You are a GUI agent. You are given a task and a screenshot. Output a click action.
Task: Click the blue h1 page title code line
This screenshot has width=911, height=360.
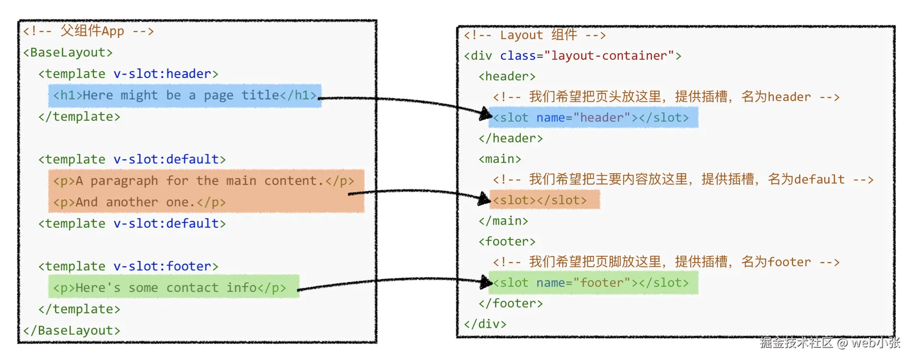point(184,95)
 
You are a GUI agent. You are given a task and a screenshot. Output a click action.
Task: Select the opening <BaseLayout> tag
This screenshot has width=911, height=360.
point(68,52)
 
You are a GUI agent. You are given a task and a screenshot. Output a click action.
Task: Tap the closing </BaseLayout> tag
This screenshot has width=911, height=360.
point(72,331)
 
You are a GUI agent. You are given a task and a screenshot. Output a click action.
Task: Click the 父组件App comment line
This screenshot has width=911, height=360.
point(88,31)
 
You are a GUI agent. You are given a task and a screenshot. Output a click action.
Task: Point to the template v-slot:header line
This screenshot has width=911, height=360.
point(128,74)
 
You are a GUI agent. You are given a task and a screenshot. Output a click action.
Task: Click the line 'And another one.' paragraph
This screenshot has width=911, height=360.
point(139,202)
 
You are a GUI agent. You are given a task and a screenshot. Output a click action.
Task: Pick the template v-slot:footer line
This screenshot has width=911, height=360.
point(128,266)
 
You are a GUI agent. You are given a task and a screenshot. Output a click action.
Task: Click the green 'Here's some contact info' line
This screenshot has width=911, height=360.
point(170,288)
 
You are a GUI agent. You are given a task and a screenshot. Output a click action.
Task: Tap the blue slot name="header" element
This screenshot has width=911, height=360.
point(591,118)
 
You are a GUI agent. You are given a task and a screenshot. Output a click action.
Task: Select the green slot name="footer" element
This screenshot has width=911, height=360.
point(591,283)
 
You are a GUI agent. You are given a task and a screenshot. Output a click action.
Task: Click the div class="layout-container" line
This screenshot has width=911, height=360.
point(573,56)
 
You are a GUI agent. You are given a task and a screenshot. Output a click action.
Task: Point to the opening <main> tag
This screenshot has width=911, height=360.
point(500,159)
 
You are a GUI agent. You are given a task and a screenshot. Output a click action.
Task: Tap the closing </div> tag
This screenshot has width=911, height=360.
point(485,324)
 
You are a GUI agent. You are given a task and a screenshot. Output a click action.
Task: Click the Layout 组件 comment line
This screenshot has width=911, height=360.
point(535,35)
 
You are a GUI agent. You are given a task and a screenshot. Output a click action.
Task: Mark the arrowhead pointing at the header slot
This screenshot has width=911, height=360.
point(485,114)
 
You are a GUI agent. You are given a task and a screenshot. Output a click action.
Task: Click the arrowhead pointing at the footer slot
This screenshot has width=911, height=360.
point(486,282)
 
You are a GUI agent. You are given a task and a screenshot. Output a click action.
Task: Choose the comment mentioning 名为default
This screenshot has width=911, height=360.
point(683,180)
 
